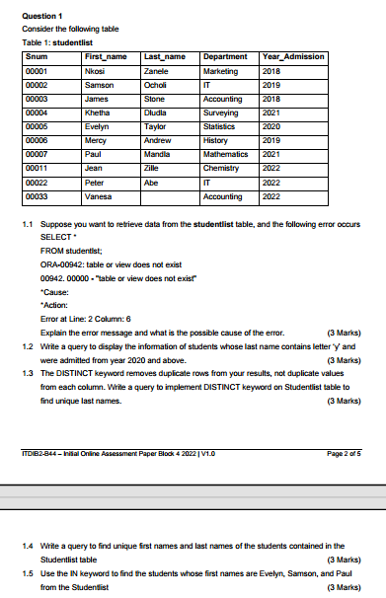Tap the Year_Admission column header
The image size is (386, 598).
click(x=291, y=58)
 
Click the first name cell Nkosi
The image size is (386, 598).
click(x=96, y=72)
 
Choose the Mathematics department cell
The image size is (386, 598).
click(x=226, y=154)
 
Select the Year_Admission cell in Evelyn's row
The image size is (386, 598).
click(x=271, y=126)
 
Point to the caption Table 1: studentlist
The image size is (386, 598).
click(x=55, y=44)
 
